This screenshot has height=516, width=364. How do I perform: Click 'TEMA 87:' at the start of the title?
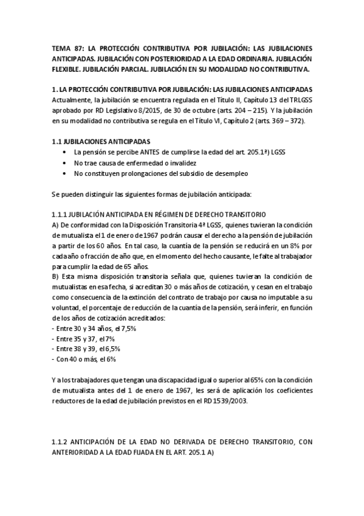coord(67,47)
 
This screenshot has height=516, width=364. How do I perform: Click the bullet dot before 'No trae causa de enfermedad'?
coord(65,163)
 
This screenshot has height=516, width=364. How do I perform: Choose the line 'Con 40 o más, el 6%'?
coord(84,360)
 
